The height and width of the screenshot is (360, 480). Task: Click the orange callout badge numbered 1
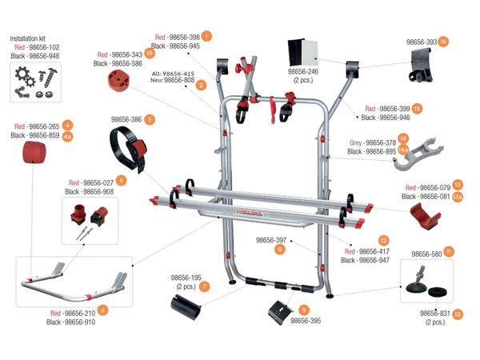coord(207,36)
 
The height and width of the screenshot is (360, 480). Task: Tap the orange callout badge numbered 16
coord(443,42)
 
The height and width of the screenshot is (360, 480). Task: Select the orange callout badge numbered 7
coord(206,286)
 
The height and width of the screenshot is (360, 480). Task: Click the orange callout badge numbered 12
coord(384,240)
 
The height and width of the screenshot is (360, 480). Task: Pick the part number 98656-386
coord(126,119)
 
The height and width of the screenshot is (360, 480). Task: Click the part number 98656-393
coord(421,42)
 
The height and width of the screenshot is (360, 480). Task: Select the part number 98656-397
coord(271,240)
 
